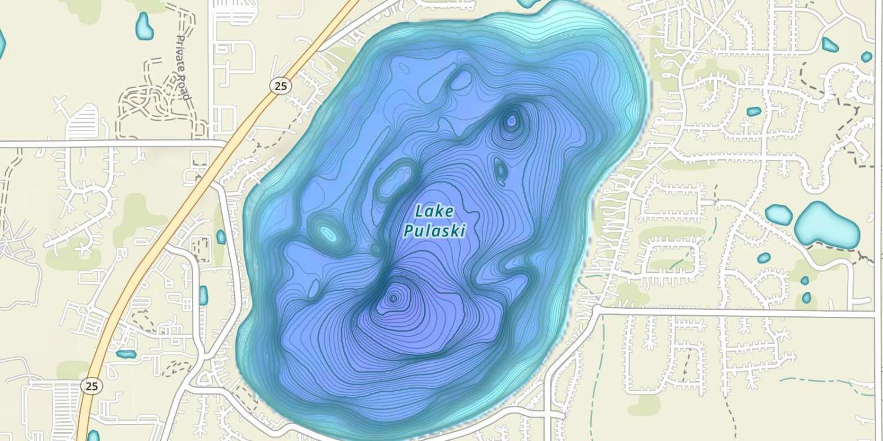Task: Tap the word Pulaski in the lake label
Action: coord(434,231)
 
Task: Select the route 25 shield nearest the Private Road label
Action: coord(280,86)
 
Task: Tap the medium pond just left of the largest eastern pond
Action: coord(779,215)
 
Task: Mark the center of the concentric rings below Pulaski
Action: coord(393,299)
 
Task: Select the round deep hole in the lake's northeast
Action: coord(511,121)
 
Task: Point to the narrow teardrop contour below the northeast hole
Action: coord(500,169)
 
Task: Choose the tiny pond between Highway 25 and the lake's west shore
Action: coord(221,237)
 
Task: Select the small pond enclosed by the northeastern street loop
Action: coord(754,111)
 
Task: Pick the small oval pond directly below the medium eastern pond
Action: coord(764,258)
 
